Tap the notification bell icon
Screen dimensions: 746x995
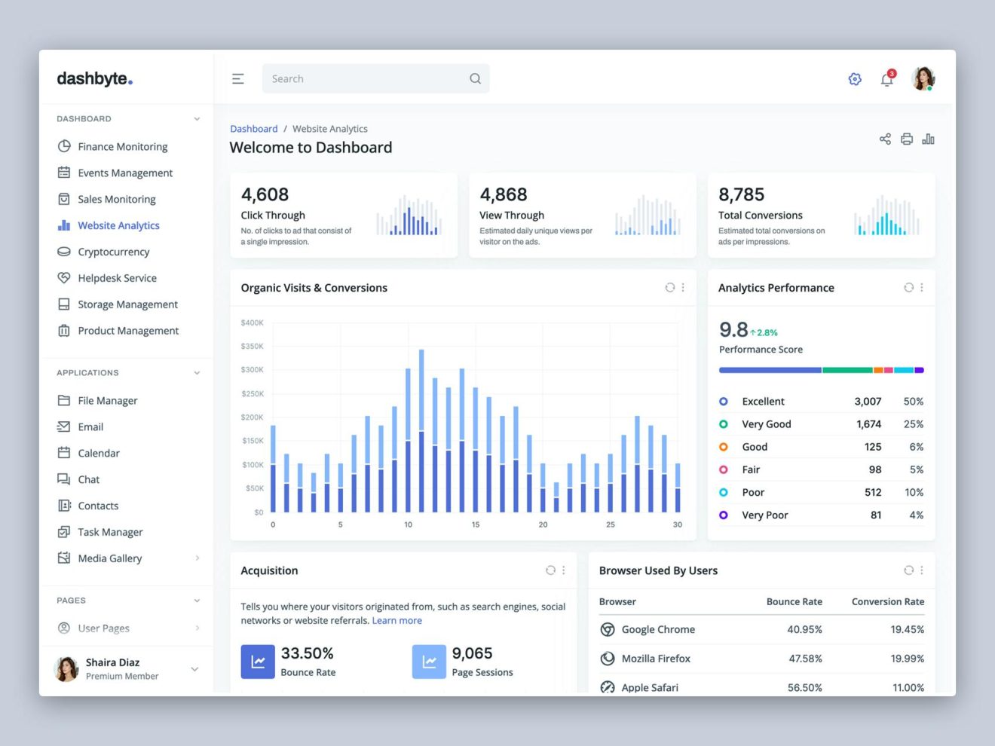click(887, 79)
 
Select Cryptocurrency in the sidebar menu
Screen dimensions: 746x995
click(113, 252)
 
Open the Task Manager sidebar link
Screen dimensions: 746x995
click(110, 532)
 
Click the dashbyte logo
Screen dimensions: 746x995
click(95, 78)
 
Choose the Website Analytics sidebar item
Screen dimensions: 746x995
click(118, 225)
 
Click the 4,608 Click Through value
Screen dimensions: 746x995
click(265, 194)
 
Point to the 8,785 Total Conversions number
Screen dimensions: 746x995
click(741, 194)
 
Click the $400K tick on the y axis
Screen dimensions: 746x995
click(252, 323)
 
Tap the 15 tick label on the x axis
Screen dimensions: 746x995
click(476, 524)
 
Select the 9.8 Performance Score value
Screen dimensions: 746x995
click(733, 329)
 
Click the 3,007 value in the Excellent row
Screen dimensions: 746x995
click(868, 402)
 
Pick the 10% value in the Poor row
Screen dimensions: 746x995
click(914, 492)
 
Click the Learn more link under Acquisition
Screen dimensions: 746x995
click(396, 621)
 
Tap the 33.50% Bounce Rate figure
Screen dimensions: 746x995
click(307, 653)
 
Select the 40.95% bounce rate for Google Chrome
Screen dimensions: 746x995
click(804, 629)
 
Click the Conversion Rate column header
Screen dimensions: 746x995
click(887, 601)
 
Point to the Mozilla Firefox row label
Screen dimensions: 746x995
click(656, 659)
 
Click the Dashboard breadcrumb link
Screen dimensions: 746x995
click(253, 129)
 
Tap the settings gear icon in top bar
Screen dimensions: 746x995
click(855, 79)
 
